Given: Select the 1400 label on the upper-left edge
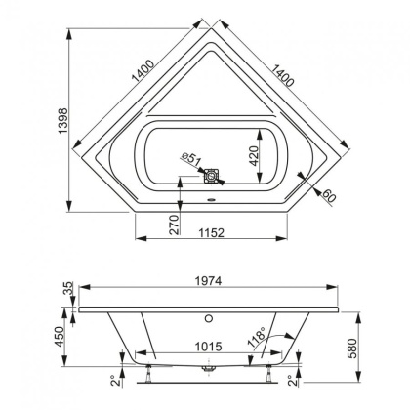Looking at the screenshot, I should (143, 65).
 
